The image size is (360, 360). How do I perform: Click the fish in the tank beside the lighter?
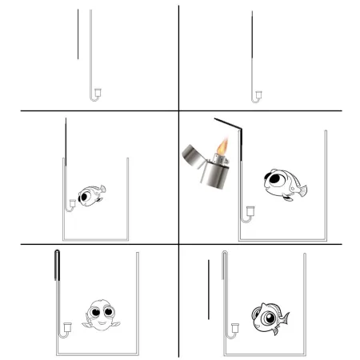(x=282, y=183)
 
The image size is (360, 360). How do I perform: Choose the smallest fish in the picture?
(x=90, y=194)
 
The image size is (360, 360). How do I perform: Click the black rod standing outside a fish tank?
(x=208, y=284)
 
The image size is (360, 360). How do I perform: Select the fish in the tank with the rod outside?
(x=267, y=315)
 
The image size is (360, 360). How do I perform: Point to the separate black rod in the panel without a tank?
(x=78, y=34)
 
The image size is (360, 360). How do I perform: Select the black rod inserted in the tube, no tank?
(x=253, y=44)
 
